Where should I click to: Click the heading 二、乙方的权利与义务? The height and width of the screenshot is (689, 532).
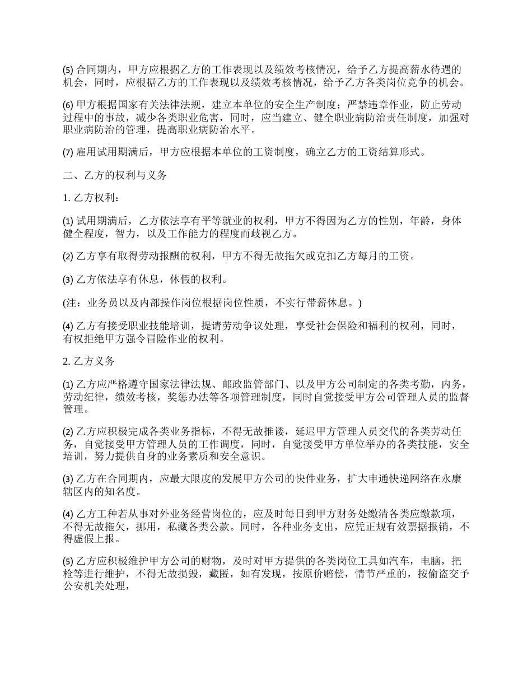[x=115, y=175]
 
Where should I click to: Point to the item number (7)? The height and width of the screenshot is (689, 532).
[x=67, y=152]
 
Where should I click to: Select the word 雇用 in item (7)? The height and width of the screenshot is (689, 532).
[x=85, y=152]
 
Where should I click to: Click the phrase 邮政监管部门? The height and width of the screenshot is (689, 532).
[x=256, y=385]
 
